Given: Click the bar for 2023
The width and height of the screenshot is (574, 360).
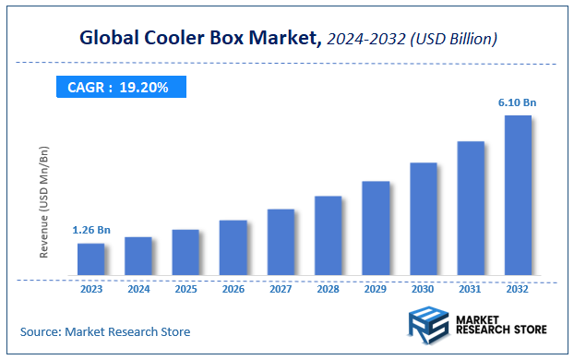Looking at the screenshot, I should [x=90, y=259].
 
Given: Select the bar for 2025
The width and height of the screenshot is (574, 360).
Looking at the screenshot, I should [x=185, y=252].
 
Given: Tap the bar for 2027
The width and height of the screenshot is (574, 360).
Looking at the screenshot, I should [x=281, y=242].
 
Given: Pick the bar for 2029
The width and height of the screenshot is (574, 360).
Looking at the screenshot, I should [x=376, y=228].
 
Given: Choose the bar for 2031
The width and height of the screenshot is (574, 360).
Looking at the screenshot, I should [x=471, y=208].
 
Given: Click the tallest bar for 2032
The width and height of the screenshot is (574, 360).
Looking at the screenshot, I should [x=518, y=195].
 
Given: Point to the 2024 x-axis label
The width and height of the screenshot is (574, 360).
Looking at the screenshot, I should [x=138, y=289].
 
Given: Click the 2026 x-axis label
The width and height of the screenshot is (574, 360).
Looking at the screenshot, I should [x=233, y=289].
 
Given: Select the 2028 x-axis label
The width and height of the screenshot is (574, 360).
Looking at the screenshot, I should [x=329, y=289].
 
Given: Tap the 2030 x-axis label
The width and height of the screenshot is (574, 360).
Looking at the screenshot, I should [x=424, y=289].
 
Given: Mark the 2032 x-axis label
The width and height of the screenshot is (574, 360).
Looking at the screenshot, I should [x=518, y=289].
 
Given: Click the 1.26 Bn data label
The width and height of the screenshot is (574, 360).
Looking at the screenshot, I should [x=91, y=230].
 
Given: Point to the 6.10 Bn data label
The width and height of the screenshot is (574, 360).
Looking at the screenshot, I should [x=519, y=103].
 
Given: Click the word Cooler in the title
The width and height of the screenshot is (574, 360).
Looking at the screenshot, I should [x=167, y=39].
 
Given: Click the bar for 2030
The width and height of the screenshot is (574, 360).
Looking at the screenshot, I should [x=424, y=219].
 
